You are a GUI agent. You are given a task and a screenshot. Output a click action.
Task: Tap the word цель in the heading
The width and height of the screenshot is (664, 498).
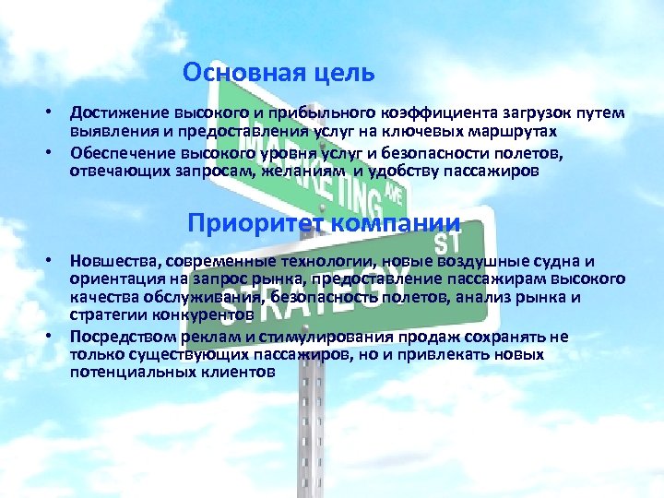347,71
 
